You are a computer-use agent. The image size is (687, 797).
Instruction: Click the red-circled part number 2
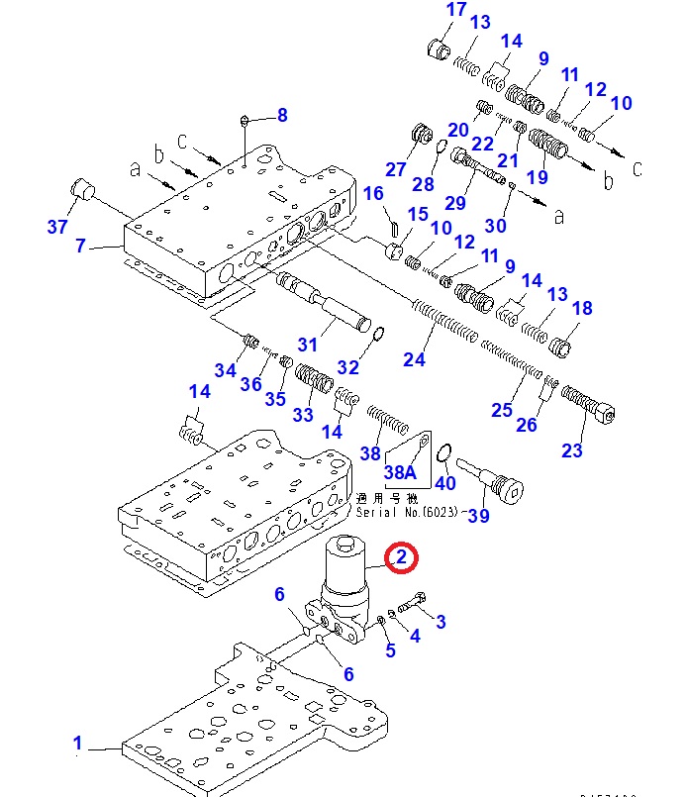[401, 558]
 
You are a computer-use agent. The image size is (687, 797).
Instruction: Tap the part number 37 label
[58, 227]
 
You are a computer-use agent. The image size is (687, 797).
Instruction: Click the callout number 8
[282, 115]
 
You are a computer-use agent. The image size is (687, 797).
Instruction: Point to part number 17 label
[455, 11]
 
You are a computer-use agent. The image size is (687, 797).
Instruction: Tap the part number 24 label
[414, 358]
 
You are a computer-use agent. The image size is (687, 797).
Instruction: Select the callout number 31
[308, 345]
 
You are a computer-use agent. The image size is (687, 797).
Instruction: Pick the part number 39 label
[479, 516]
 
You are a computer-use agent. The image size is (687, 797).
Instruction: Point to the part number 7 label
[81, 245]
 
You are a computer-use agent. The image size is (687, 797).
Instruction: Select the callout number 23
[572, 451]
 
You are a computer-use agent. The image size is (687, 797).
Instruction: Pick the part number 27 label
[395, 169]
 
